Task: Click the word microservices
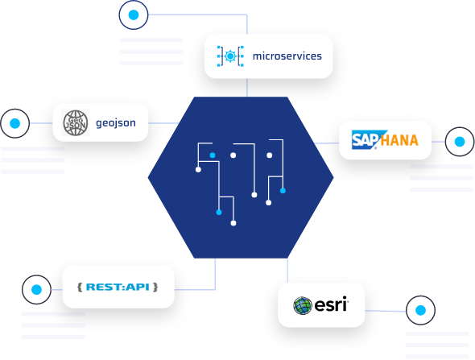pyautogui.click(x=287, y=56)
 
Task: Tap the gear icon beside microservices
pyautogui.click(x=230, y=56)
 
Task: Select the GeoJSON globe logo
pyautogui.click(x=76, y=122)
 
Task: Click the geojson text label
pyautogui.click(x=116, y=123)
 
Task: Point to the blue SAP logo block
pyautogui.click(x=367, y=139)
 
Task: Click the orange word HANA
pyautogui.click(x=399, y=140)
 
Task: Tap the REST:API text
pyautogui.click(x=118, y=287)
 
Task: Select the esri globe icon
pyautogui.click(x=303, y=305)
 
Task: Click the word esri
pyautogui.click(x=331, y=304)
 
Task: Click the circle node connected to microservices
pyautogui.click(x=134, y=14)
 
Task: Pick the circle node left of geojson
pyautogui.click(x=14, y=123)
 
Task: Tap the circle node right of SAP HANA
pyautogui.click(x=460, y=142)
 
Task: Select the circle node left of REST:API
pyautogui.click(x=36, y=289)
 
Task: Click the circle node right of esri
pyautogui.click(x=420, y=310)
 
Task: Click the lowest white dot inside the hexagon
pyautogui.click(x=233, y=223)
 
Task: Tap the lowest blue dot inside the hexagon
pyautogui.click(x=219, y=213)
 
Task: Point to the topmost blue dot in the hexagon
pyautogui.click(x=213, y=155)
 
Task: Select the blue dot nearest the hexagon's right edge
pyautogui.click(x=283, y=191)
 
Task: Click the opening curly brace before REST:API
pyautogui.click(x=80, y=287)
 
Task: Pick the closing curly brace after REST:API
pyautogui.click(x=155, y=287)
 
